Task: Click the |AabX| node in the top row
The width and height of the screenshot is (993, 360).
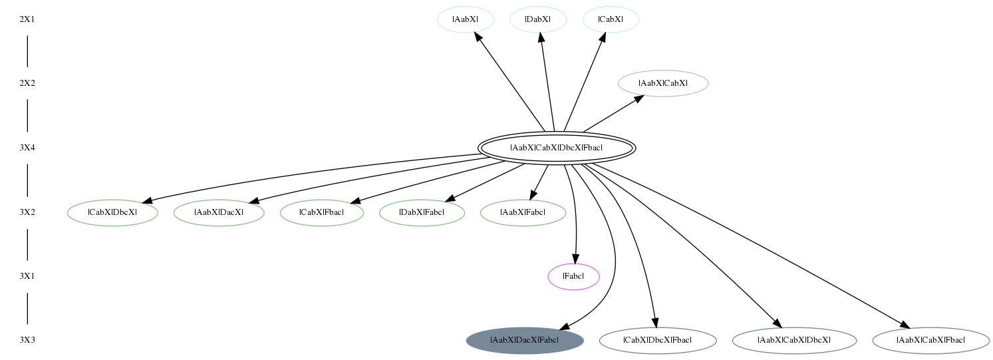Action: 466,19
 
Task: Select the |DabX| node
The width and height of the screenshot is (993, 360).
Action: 538,19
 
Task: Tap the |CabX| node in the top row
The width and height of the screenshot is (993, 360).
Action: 611,19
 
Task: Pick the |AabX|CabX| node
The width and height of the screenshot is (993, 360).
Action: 663,83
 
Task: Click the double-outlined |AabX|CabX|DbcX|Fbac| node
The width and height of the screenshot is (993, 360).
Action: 557,148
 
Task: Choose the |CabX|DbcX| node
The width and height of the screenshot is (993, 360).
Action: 112,212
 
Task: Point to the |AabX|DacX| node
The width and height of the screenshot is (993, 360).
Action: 219,212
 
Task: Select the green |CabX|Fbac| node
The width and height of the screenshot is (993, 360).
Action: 322,212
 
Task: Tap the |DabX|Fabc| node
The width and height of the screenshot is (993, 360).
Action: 422,212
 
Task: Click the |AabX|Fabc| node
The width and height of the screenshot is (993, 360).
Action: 523,212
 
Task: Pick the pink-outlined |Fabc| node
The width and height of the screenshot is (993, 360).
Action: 573,276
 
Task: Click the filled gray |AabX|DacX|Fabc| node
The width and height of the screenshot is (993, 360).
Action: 524,341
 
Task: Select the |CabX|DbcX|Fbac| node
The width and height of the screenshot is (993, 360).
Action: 657,341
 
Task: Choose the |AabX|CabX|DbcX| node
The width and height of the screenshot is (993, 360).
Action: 794,341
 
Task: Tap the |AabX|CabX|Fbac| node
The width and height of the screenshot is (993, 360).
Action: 930,341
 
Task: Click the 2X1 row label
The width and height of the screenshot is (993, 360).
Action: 27,19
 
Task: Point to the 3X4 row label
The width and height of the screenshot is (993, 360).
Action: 27,148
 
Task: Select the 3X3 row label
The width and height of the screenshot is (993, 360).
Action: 27,341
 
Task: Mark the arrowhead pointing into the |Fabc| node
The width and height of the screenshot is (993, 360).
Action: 575,259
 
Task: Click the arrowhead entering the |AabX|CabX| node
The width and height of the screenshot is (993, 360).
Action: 638,98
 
